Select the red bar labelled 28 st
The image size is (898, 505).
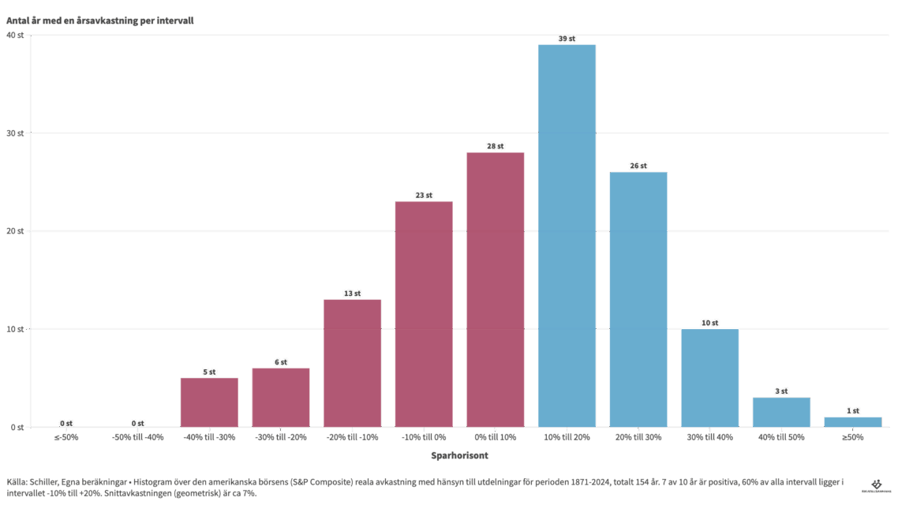pos(496,289)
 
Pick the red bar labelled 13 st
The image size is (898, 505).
pos(352,363)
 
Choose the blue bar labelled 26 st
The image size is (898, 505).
pos(638,299)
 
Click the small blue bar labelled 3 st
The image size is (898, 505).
pos(781,412)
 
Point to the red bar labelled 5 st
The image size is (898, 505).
pos(209,402)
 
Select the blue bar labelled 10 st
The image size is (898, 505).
pos(710,378)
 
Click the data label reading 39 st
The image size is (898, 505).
pos(567,39)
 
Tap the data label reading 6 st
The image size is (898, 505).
pos(281,362)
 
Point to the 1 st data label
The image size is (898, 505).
pos(853,411)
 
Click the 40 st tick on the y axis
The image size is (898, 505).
pos(15,36)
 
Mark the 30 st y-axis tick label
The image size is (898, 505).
pos(15,133)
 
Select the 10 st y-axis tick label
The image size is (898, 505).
pos(15,329)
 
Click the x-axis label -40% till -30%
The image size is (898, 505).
pos(209,437)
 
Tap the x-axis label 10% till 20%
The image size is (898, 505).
pos(567,437)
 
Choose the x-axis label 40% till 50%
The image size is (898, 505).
pos(781,437)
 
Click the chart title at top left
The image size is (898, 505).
pos(100,21)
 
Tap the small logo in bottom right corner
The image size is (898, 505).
pos(876,486)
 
